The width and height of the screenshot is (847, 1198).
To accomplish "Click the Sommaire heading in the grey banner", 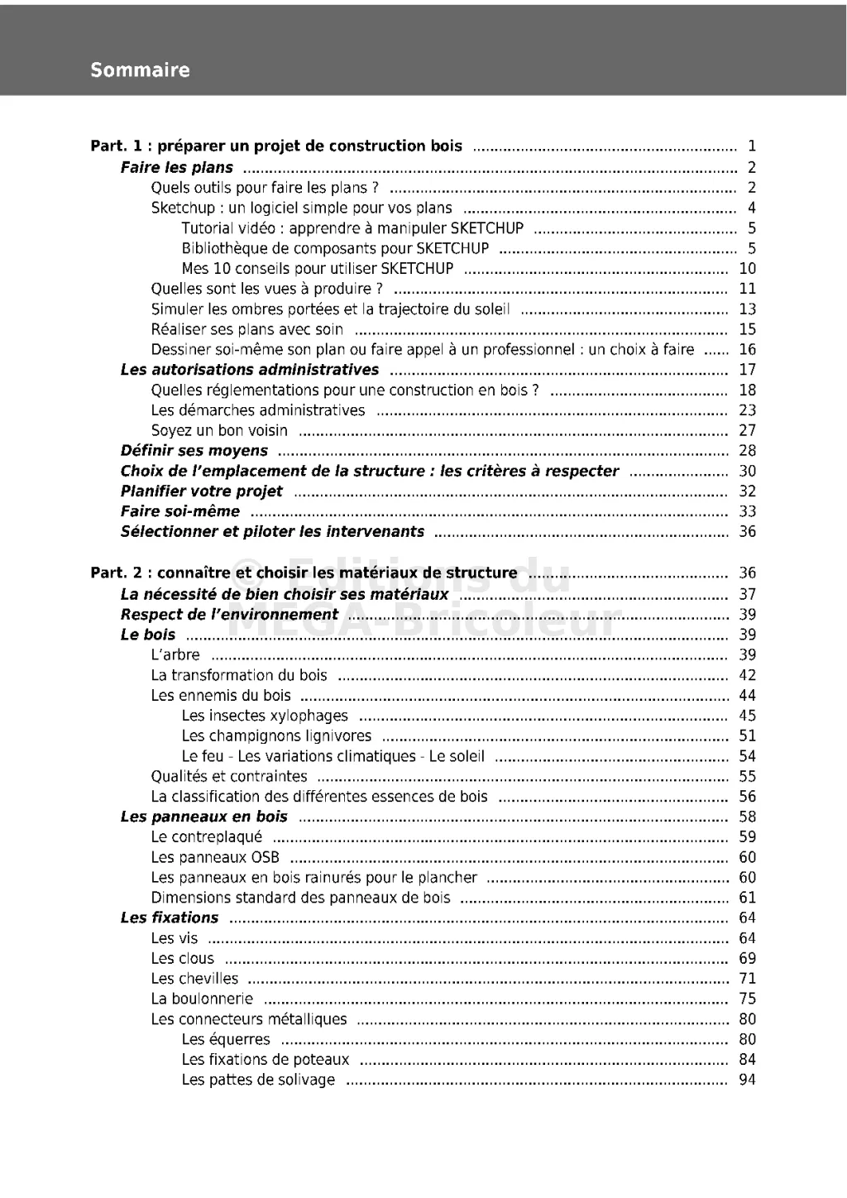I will [x=140, y=70].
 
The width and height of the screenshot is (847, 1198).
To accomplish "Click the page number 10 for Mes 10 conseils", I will [x=747, y=269].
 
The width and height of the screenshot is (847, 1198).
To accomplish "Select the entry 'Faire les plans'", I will [x=177, y=168].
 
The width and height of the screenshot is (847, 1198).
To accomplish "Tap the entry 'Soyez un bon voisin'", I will [x=219, y=430].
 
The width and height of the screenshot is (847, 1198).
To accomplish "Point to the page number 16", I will [x=747, y=350].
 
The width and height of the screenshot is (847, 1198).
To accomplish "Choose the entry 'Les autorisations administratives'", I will [x=250, y=370].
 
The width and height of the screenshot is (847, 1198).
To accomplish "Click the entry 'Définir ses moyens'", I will [x=194, y=451].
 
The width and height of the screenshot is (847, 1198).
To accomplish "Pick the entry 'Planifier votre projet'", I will [x=202, y=491].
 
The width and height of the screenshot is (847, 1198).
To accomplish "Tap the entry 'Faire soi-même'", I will [x=180, y=511].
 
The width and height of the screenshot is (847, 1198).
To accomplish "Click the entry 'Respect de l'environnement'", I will [x=229, y=615].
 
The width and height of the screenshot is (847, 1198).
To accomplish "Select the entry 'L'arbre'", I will [x=175, y=655].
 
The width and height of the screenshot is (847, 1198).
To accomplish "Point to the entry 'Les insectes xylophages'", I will [x=265, y=716].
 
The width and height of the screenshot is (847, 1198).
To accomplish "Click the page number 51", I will [x=747, y=736].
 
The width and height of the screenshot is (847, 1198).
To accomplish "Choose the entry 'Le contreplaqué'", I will [x=207, y=837].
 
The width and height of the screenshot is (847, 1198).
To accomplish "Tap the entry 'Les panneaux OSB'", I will [x=215, y=857].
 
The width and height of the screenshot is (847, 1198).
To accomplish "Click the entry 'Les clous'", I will [x=183, y=959].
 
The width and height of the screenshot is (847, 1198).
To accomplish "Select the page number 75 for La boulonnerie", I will [x=747, y=999].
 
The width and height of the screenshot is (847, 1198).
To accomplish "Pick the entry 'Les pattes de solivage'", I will [x=258, y=1080].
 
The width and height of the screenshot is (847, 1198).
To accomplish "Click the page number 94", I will [x=747, y=1080].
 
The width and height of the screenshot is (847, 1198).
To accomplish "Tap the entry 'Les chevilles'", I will [x=194, y=979].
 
